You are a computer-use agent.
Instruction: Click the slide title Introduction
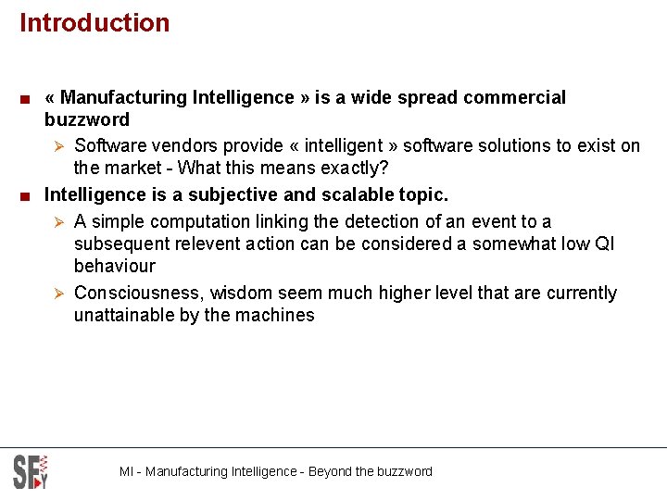[x=94, y=23]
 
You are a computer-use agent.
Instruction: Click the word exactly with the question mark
[x=353, y=169]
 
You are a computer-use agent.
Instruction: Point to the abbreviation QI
[x=604, y=244]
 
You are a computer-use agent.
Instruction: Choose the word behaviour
[x=115, y=267]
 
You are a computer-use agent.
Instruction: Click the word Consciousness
[x=139, y=294]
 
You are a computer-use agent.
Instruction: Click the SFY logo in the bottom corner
[x=30, y=472]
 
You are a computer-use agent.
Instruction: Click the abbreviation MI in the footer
[x=127, y=472]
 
